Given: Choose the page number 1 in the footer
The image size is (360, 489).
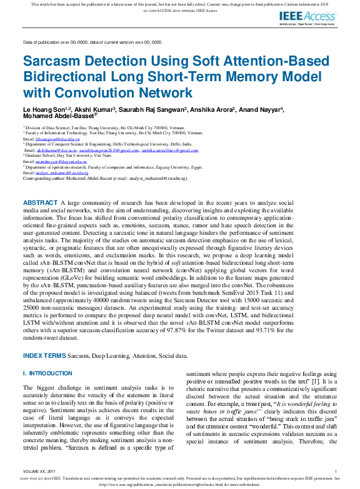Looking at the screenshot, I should (336, 471).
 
